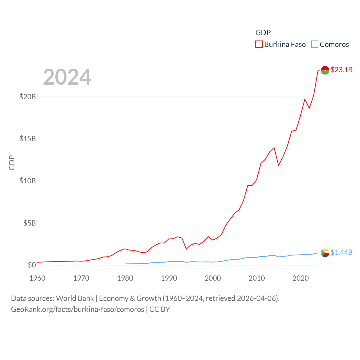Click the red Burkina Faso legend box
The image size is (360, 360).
[259, 44]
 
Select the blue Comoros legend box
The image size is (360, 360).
[314, 44]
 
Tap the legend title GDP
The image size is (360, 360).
[263, 33]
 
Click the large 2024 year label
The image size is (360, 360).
[67, 77]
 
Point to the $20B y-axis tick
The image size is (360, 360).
[28, 97]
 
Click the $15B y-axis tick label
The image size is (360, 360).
[28, 139]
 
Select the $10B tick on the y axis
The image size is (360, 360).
[28, 181]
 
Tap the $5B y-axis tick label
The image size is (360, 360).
[30, 223]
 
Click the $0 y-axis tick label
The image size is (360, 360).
[32, 265]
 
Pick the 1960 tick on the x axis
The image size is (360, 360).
[37, 278]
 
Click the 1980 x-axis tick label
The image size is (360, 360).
[125, 278]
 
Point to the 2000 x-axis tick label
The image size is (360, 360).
[213, 278]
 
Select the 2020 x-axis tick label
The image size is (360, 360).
[301, 278]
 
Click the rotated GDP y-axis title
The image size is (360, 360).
[12, 163]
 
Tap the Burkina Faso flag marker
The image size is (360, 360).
[325, 70]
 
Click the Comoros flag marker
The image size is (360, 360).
[325, 253]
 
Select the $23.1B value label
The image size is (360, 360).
[341, 70]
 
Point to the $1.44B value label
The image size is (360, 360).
[341, 252]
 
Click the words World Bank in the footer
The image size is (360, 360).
[75, 298]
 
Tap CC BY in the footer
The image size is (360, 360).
[159, 309]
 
